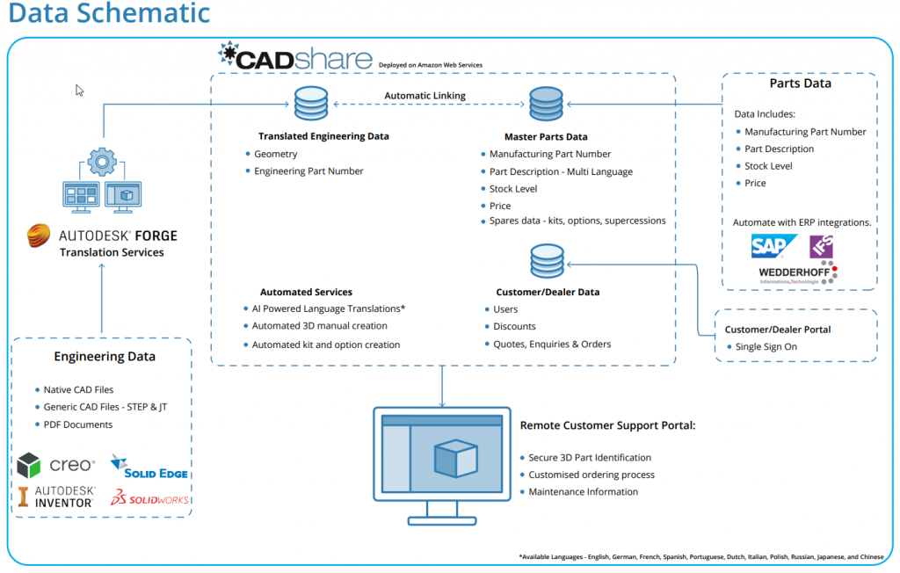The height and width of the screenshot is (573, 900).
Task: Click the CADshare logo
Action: pos(295,57)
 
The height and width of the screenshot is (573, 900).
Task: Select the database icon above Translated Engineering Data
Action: pos(311,105)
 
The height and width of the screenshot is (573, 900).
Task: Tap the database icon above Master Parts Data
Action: pos(546,105)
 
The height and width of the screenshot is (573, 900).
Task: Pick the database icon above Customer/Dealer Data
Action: pos(546,262)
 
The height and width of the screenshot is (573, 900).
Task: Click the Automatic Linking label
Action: pos(425,96)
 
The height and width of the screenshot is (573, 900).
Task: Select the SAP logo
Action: pos(774,246)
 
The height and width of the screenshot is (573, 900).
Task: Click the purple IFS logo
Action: pos(821,246)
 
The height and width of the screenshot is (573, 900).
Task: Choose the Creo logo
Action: pos(56,465)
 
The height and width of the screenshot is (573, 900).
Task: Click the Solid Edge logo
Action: pos(149,467)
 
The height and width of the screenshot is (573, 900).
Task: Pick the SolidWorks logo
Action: pos(149,498)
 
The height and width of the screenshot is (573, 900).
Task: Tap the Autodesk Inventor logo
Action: pos(56,497)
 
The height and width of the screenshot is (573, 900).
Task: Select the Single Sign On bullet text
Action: pos(766,346)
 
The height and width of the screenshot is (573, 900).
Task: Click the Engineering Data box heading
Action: pos(105,356)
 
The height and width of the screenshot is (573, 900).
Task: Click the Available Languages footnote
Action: pos(700,556)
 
